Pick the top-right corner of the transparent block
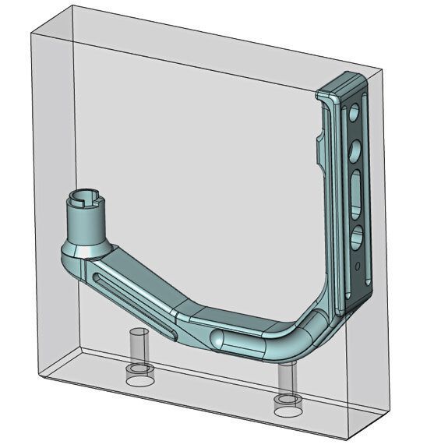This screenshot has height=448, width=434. click(x=385, y=69)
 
